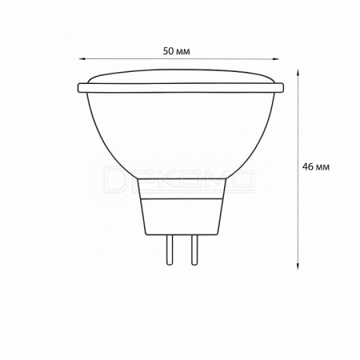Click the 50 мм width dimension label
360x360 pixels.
coord(177,51)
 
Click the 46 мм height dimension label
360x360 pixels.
coord(316,167)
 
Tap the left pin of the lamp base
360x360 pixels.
coord(170,250)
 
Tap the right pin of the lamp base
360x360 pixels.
coord(194,250)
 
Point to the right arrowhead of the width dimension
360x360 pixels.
coord(275,59)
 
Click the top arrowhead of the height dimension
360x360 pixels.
coord(298,74)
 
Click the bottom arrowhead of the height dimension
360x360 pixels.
coord(298,266)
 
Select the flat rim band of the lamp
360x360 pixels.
coord(181,88)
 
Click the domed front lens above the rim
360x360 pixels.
coord(181,76)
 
